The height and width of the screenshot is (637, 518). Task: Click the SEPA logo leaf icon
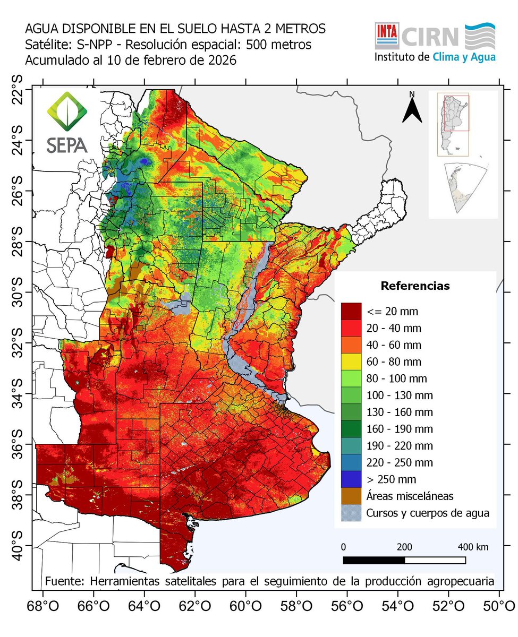67,112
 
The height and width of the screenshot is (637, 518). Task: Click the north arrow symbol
411,108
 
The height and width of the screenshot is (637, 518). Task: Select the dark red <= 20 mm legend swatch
351,311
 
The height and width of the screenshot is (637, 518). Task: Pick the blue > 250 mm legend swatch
351,479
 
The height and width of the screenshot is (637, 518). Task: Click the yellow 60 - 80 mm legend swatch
351,361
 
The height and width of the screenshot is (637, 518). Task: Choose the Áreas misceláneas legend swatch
351,496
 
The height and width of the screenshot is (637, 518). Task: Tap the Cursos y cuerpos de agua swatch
351,513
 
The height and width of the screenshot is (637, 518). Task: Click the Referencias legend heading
415,286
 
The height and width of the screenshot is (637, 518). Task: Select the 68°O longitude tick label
43,605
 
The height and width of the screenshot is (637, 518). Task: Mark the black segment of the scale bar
374,560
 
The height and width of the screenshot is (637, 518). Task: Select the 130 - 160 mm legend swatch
351,412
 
